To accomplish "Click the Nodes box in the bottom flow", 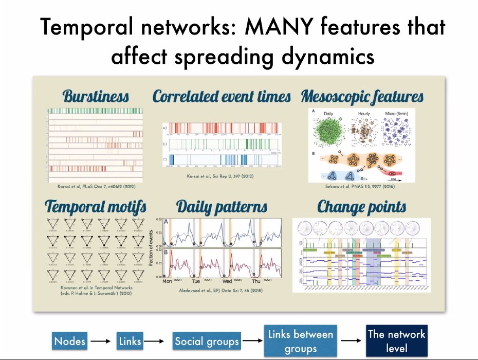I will pyautogui.click(x=70, y=340).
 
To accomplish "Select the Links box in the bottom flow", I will pyautogui.click(x=130, y=340).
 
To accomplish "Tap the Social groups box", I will pyautogui.click(x=207, y=340).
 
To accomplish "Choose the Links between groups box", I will pyautogui.click(x=300, y=340).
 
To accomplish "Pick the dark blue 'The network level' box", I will pyautogui.click(x=396, y=340).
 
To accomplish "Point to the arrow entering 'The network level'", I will pyautogui.click(x=352, y=340).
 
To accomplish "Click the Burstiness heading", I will pyautogui.click(x=96, y=96).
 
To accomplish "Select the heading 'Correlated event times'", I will pyautogui.click(x=222, y=96).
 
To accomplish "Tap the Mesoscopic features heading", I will pyautogui.click(x=362, y=96).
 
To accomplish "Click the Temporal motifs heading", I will pyautogui.click(x=96, y=207).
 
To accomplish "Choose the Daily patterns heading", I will pyautogui.click(x=222, y=207).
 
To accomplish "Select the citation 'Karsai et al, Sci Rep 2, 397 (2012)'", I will pyautogui.click(x=222, y=176).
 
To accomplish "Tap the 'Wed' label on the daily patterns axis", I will pyautogui.click(x=227, y=281).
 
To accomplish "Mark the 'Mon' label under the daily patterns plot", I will pyautogui.click(x=168, y=281).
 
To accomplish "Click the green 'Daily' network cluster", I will pyautogui.click(x=329, y=134).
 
